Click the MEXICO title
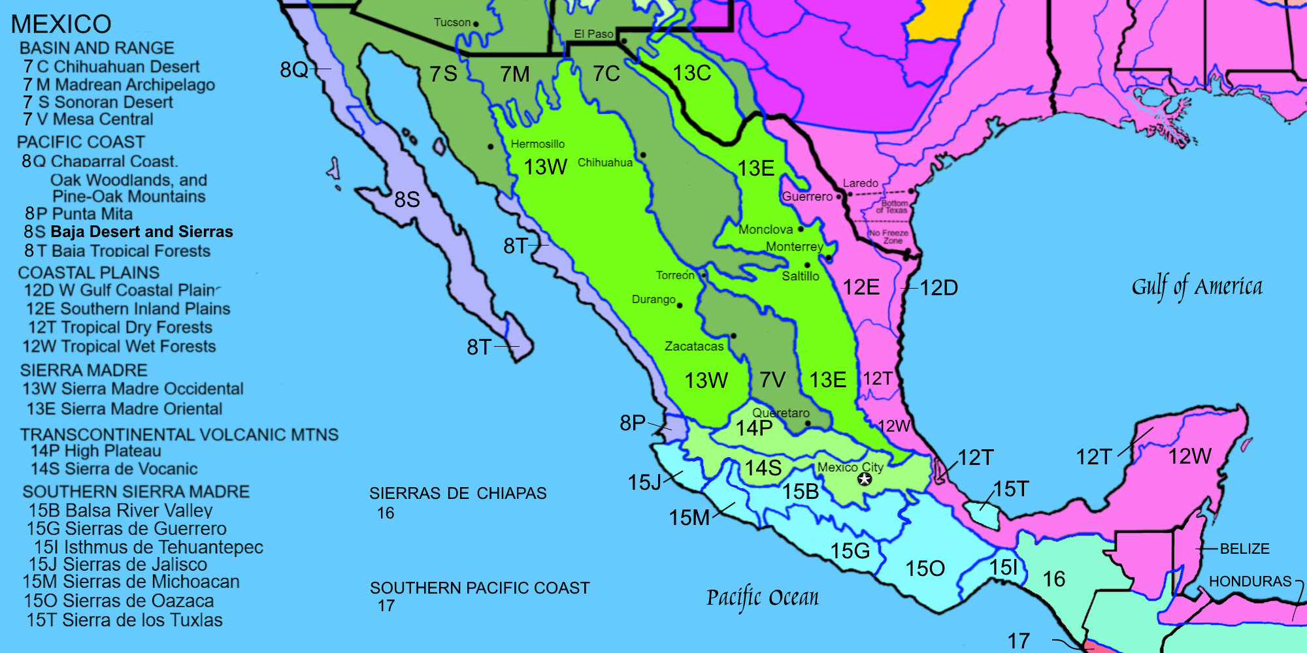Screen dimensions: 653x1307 61,24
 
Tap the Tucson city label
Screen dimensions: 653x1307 452,22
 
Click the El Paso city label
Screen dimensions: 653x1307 593,34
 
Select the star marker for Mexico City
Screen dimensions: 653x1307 865,480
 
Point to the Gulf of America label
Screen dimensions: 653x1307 1197,287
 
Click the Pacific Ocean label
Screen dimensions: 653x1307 762,597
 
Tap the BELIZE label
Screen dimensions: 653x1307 1244,549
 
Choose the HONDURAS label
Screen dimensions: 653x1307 1249,581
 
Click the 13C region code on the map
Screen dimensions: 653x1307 692,73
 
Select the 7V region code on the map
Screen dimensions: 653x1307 772,379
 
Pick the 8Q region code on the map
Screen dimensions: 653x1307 294,69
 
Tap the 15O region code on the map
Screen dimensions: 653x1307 925,568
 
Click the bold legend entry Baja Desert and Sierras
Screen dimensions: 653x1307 141,232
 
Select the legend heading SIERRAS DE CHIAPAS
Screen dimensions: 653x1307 457,493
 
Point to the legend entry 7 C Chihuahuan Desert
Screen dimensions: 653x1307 111,67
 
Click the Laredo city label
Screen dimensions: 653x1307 860,183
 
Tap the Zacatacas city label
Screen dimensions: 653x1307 694,346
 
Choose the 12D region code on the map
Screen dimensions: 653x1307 938,287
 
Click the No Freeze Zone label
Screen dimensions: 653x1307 889,236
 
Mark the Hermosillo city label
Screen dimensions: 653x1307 537,144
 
